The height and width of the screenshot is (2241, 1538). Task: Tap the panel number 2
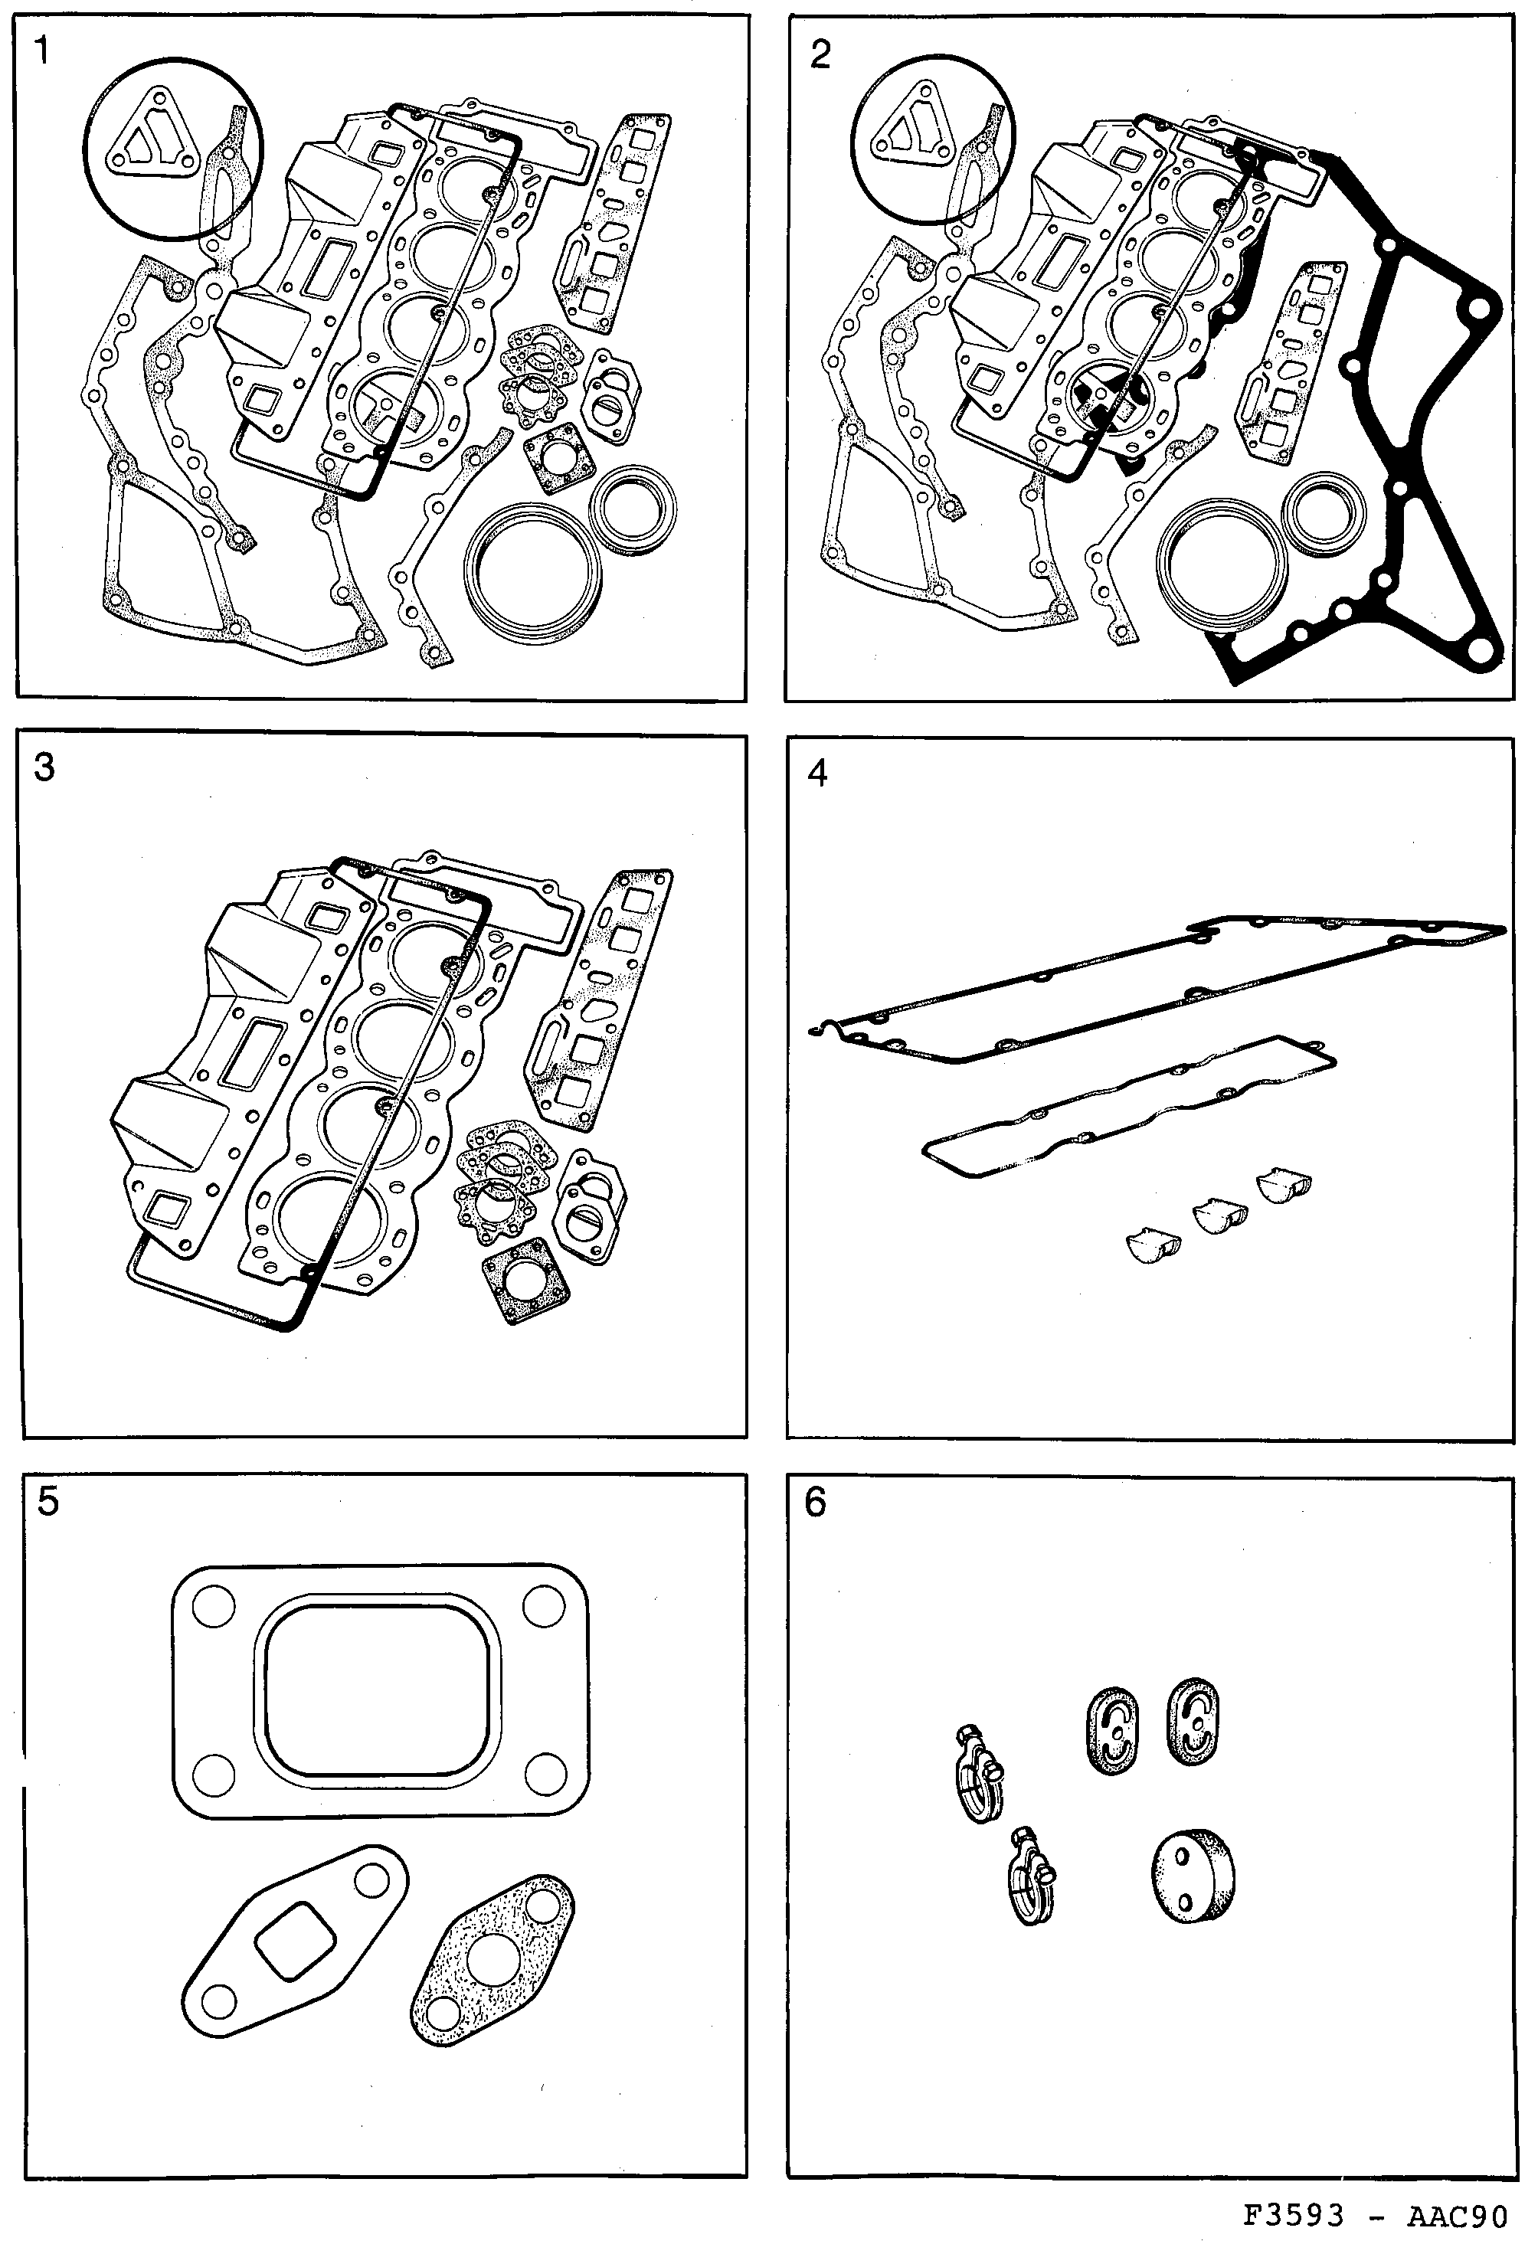820,55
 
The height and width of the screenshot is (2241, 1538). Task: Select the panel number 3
44,768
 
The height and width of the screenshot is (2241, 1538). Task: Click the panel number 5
47,1501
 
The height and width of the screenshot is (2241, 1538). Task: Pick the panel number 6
816,1501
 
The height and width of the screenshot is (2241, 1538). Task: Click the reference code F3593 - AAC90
1375,2215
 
